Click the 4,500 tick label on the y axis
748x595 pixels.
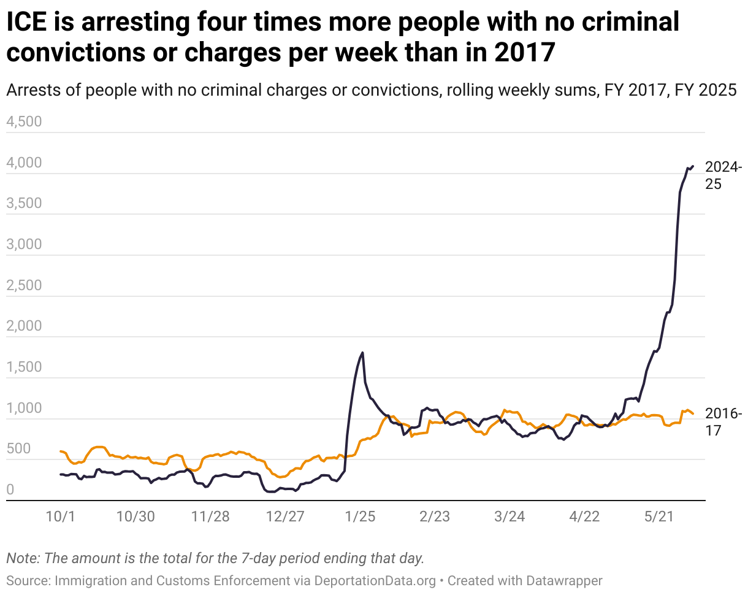[23, 121]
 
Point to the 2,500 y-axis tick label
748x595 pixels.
[23, 285]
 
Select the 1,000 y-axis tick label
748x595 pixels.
[23, 408]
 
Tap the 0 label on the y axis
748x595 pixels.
[10, 489]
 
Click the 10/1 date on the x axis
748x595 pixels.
[60, 516]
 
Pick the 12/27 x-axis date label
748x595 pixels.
[285, 516]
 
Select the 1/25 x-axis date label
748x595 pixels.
[360, 516]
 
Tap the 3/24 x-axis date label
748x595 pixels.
[509, 516]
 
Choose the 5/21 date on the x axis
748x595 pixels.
[658, 516]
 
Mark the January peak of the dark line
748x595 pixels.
[363, 353]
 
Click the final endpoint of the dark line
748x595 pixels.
[693, 166]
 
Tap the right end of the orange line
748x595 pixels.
[693, 414]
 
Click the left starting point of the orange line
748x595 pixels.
[60, 451]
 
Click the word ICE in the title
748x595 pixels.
[26, 23]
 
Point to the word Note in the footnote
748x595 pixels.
[20, 559]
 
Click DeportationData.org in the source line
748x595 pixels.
[375, 580]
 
